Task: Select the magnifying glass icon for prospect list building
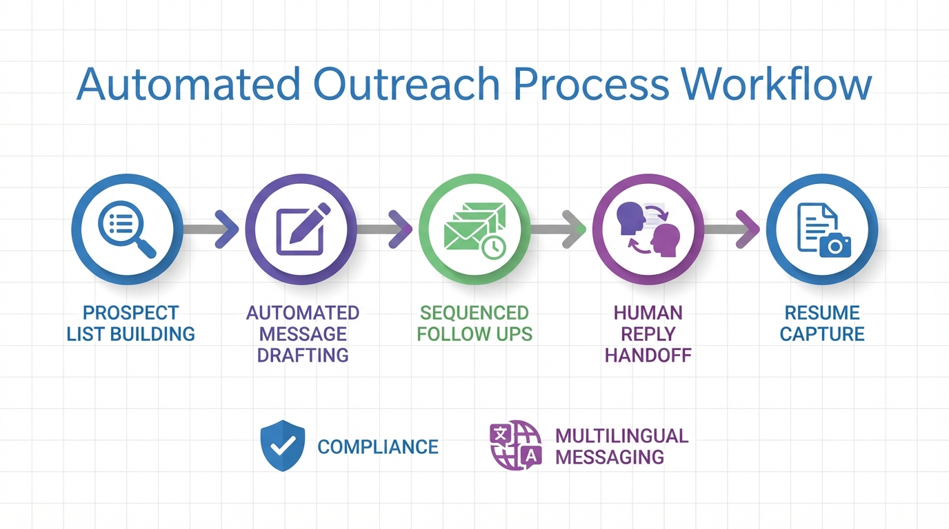pos(128,229)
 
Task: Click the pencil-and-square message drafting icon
pos(301,229)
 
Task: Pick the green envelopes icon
pos(474,229)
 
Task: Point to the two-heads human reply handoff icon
pos(648,229)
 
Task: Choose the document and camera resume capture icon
pos(822,229)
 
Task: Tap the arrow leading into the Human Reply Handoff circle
pos(561,229)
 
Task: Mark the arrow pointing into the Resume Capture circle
pos(735,229)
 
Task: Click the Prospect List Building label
pos(130,324)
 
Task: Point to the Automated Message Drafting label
pos(303,334)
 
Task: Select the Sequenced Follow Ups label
pos(474,324)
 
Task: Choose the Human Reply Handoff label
pos(648,334)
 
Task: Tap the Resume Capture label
pos(822,324)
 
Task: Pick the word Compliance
pos(378,447)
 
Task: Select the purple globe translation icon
pos(515,446)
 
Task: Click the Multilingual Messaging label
pos(621,446)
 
